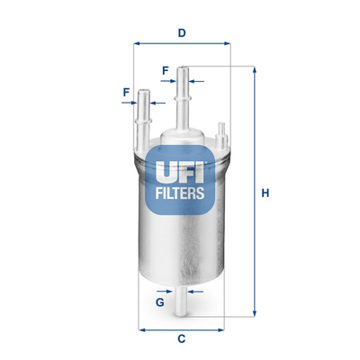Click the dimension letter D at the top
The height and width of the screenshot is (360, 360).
(181, 34)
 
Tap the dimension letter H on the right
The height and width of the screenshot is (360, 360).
(265, 191)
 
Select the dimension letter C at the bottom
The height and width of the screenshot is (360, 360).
(181, 338)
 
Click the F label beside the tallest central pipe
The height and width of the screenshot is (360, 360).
(165, 69)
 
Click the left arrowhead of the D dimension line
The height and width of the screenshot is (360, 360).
(137, 44)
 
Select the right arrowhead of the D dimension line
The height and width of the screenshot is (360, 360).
(227, 44)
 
